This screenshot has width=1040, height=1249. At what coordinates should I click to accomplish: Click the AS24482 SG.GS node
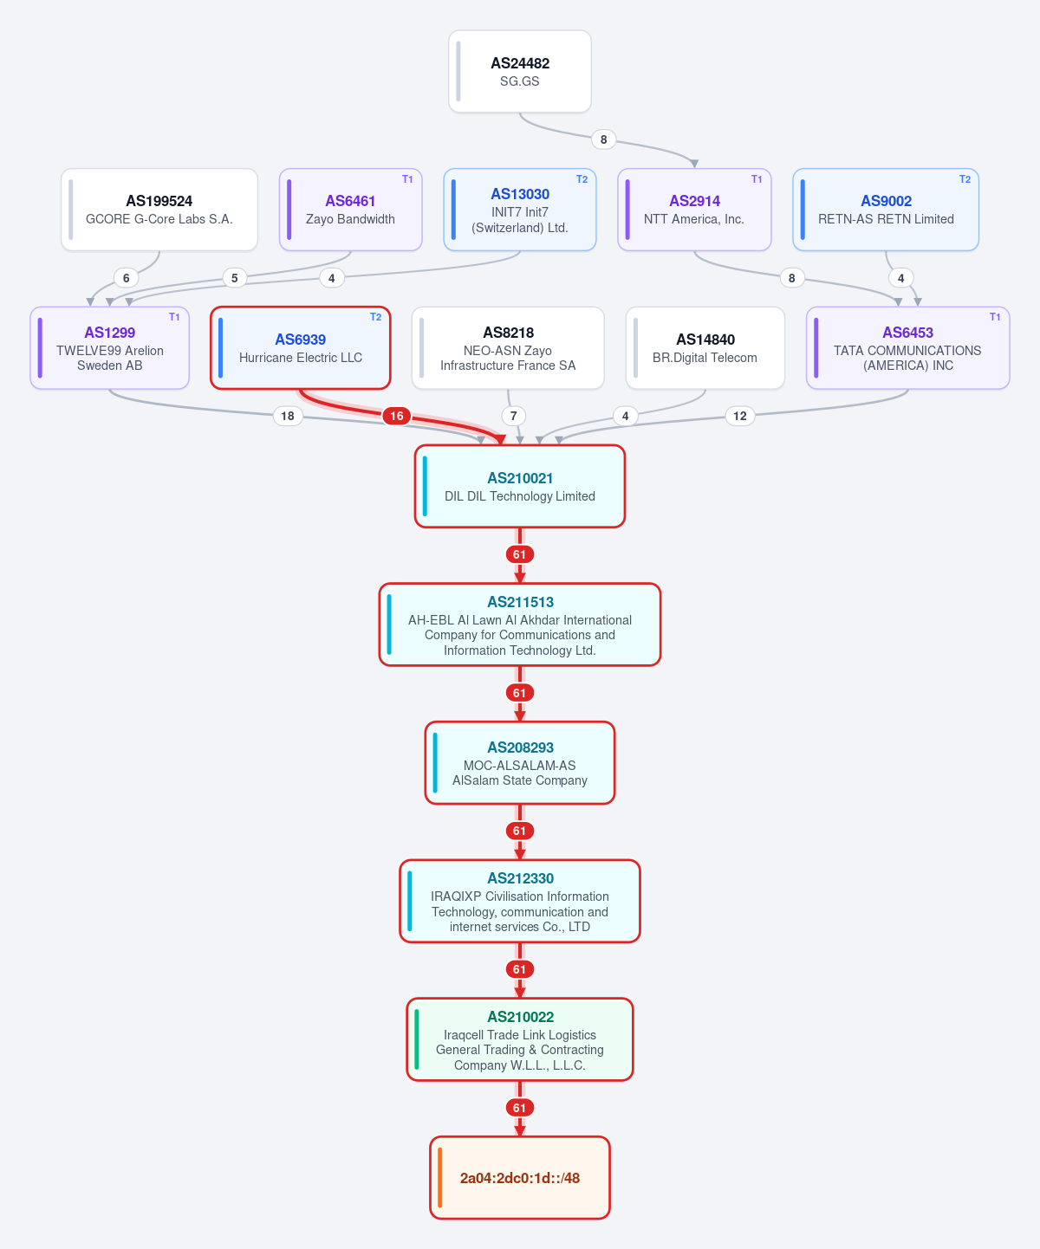coord(520,71)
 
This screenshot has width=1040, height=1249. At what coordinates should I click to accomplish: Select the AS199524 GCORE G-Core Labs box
coord(159,210)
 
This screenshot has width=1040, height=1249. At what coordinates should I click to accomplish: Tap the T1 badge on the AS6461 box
coord(407,178)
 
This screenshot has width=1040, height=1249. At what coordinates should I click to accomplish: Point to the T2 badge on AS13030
coord(582,178)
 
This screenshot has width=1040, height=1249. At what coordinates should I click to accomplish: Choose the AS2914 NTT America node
coord(694,210)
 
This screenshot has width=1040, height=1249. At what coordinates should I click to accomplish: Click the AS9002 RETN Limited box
coord(886,210)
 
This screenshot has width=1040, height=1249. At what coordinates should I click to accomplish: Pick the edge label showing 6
coord(126,277)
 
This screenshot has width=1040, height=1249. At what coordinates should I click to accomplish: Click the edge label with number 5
coord(235,277)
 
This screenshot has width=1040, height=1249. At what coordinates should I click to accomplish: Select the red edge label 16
coord(396,416)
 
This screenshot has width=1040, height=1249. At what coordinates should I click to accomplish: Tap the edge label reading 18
coord(288,416)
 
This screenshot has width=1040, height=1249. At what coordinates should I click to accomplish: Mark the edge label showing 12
coord(740,416)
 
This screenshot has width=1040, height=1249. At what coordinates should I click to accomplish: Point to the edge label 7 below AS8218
coord(513,416)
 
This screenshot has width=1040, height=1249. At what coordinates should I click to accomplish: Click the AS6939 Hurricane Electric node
coord(301,347)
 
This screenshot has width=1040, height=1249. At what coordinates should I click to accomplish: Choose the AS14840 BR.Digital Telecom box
coord(705,347)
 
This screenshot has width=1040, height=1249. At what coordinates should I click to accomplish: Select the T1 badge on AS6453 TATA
coord(995,317)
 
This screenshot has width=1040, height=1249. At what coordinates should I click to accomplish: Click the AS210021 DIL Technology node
coord(520,486)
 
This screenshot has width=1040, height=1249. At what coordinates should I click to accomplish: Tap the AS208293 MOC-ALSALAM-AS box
coord(520,763)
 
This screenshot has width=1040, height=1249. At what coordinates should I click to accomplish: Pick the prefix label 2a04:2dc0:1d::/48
coord(520,1178)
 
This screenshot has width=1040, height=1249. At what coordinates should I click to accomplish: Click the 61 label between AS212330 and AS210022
coord(519,969)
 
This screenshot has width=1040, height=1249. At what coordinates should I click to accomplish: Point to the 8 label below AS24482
coord(603,139)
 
